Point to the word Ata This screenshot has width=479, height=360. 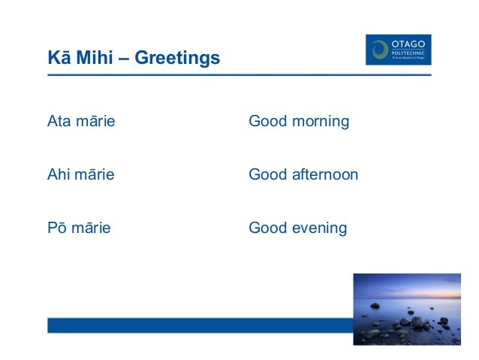[59, 121]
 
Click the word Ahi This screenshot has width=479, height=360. [58, 174]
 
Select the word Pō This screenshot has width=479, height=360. [57, 228]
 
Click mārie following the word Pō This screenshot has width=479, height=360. [91, 228]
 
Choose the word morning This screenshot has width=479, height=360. [321, 122]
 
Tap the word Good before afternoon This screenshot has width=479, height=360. [267, 174]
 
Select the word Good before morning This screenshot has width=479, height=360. [267, 121]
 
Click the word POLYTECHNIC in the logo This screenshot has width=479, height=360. [409, 53]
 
